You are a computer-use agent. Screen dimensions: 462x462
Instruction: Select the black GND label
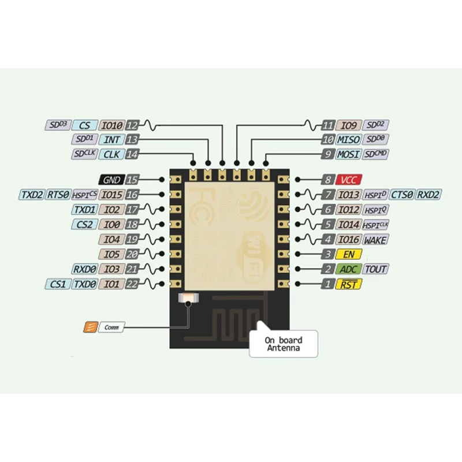(111, 180)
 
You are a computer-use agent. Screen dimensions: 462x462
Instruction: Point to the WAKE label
(375, 239)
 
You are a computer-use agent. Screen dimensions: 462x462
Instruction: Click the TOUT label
(376, 269)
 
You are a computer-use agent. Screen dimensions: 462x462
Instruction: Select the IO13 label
(349, 195)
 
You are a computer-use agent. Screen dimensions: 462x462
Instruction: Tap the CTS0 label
(403, 195)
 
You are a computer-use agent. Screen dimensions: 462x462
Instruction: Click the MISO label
(349, 140)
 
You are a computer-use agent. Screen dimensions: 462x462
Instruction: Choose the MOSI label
(349, 155)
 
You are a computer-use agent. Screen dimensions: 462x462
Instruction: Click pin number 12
(133, 125)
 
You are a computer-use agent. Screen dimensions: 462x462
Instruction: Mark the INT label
(112, 140)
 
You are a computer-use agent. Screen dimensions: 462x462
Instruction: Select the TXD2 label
(32, 195)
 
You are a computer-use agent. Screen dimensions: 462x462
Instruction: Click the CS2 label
(84, 224)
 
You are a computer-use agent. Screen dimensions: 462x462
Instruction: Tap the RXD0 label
(84, 269)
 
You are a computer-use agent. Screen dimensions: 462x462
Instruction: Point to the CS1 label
(58, 284)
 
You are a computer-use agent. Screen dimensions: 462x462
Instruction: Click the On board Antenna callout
(283, 344)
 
